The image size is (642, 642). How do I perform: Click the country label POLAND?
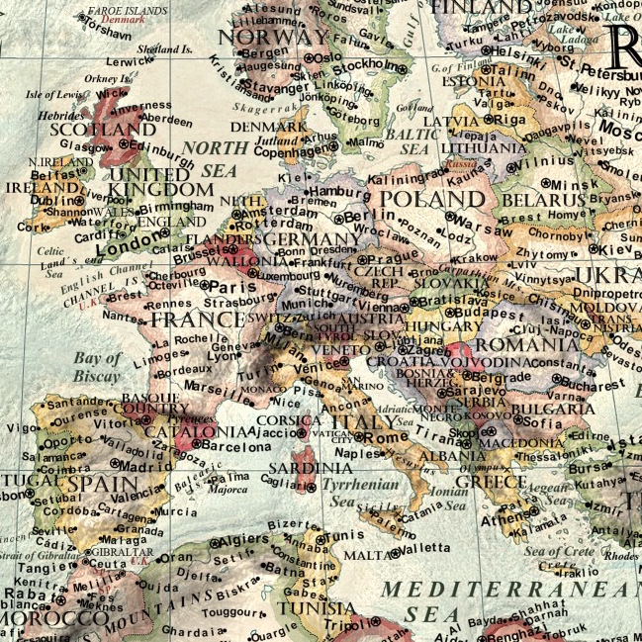(432, 199)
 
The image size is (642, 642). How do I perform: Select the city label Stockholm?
(372, 66)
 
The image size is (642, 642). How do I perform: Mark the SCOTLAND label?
(96, 130)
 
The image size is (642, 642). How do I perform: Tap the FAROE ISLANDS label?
(123, 10)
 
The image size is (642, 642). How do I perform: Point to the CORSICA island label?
(290, 419)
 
